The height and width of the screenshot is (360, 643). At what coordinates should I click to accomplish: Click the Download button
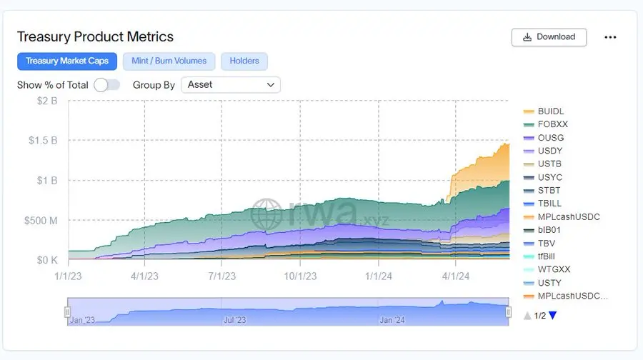tap(549, 37)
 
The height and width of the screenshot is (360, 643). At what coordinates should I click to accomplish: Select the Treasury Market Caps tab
tap(67, 61)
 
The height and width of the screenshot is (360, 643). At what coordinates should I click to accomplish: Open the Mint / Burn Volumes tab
tap(169, 61)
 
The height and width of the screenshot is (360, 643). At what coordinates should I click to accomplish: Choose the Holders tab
tap(244, 61)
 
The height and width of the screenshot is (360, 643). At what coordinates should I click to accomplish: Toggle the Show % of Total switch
tap(106, 85)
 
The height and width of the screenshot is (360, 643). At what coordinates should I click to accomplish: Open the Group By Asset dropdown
tap(231, 84)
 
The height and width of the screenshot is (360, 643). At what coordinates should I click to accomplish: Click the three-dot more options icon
tap(610, 37)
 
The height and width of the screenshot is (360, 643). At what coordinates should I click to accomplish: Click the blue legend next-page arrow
tap(552, 315)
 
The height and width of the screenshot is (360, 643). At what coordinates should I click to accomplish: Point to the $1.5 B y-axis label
tap(43, 140)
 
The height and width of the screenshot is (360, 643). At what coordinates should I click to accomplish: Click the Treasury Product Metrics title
tap(95, 36)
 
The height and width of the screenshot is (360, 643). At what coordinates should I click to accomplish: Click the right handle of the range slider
tap(509, 312)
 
